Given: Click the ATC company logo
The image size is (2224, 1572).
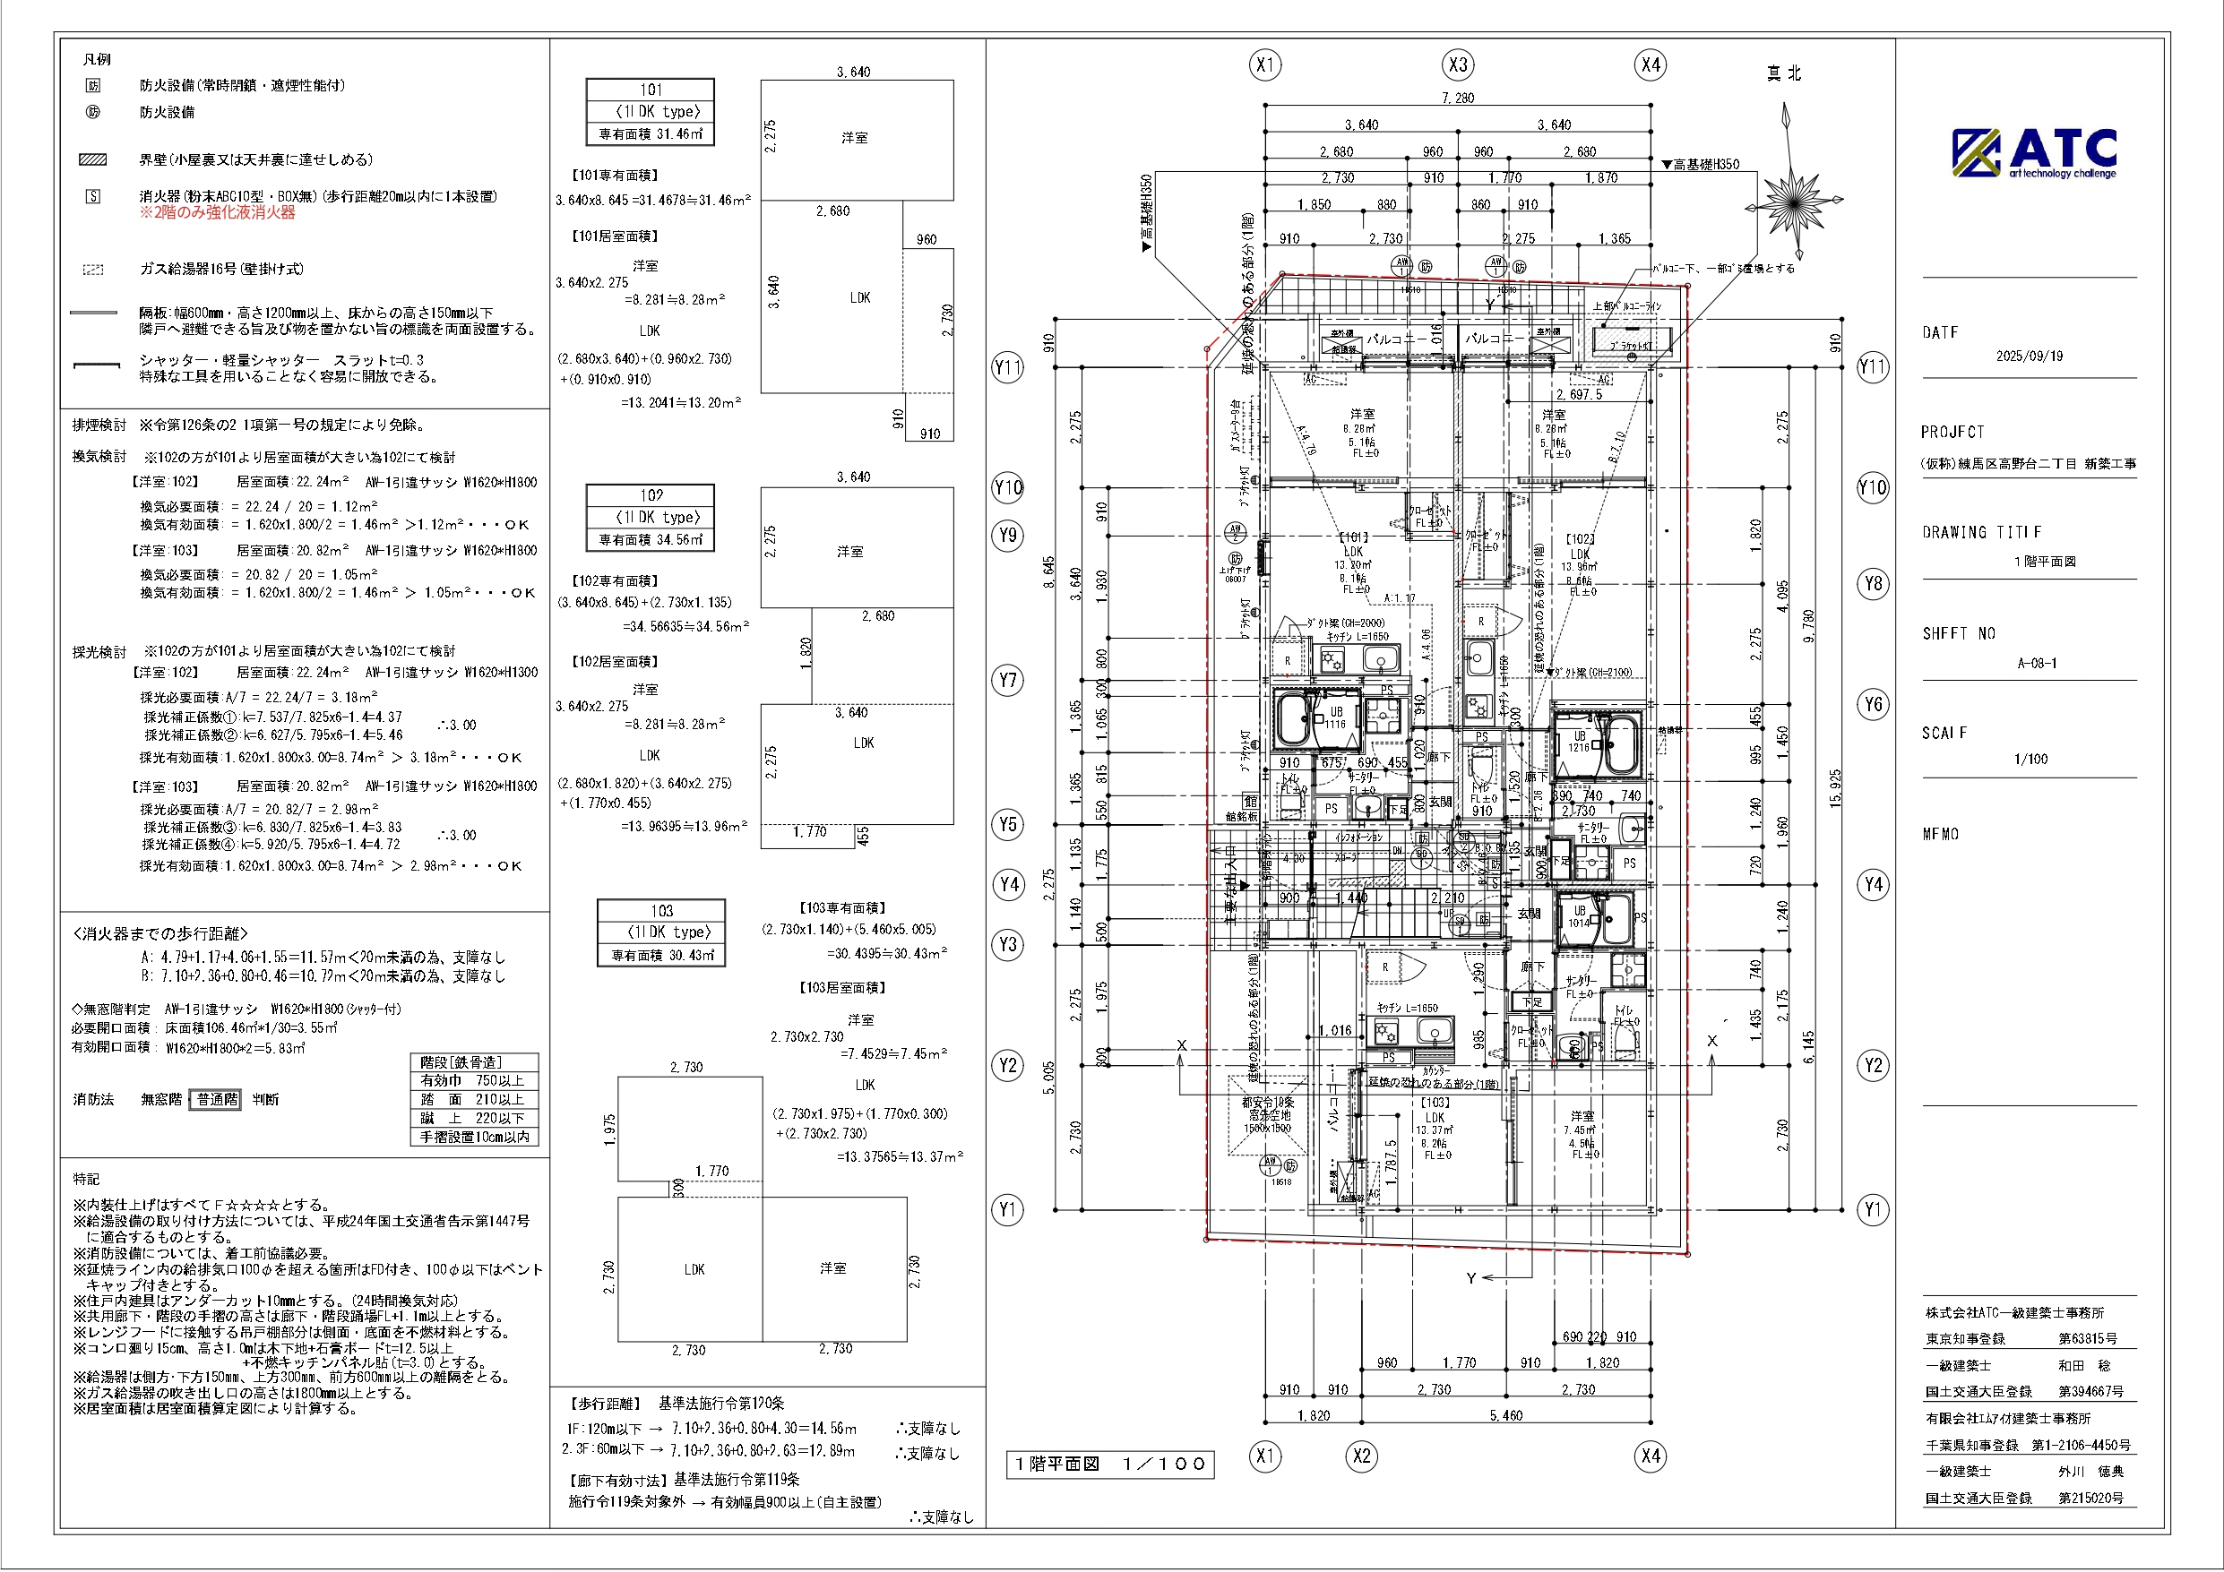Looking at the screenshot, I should tap(2033, 153).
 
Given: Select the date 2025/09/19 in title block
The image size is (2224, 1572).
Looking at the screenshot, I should tap(2029, 356).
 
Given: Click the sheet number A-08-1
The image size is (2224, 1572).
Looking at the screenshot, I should tap(2036, 664).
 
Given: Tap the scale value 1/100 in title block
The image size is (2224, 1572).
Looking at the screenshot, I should tap(2030, 760).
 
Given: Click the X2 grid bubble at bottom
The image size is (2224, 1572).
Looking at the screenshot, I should tap(1362, 1456).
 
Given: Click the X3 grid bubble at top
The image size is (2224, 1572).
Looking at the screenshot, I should tap(1458, 64).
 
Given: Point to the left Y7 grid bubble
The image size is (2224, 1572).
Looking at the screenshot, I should tap(1008, 680).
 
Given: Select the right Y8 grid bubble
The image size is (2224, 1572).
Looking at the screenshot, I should tap(1873, 584).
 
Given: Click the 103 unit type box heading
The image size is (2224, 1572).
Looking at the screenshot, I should tap(661, 910).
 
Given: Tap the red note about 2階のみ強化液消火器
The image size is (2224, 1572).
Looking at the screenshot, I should tap(217, 213).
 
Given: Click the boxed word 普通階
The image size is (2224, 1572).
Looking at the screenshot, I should tap(217, 1099).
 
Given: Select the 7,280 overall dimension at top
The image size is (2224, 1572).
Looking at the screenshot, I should tap(1457, 98).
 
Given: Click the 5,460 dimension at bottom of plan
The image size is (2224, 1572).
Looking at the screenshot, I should tap(1505, 1415).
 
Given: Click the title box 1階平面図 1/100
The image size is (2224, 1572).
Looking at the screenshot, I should tap(1110, 1464).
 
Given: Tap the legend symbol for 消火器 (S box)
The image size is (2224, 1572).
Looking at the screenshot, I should tap(94, 197).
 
